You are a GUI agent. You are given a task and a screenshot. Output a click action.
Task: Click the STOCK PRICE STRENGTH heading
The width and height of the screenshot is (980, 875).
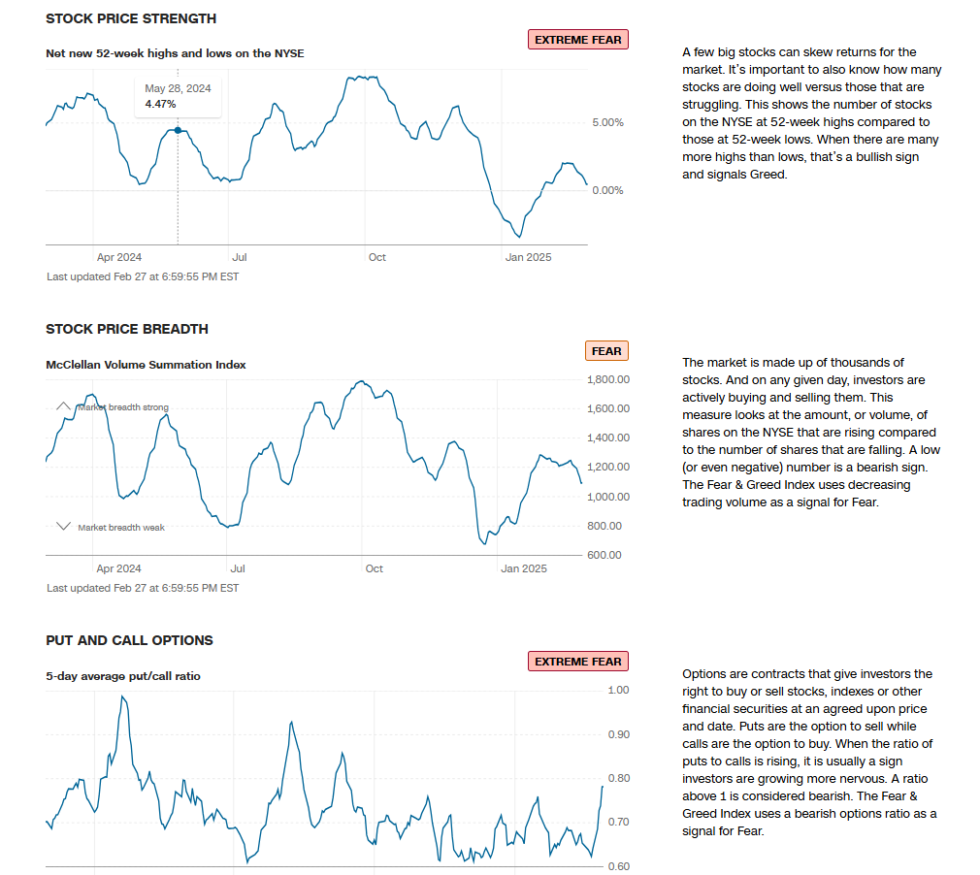131,18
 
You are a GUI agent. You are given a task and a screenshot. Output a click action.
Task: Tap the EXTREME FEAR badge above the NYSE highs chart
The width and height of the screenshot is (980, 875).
578,40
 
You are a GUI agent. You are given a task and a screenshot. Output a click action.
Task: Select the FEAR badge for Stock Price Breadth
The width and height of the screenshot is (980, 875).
606,351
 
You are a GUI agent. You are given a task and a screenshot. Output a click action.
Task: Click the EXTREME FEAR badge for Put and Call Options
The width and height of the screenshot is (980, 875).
578,662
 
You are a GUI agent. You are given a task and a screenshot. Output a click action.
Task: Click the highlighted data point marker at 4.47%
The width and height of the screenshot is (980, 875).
178,130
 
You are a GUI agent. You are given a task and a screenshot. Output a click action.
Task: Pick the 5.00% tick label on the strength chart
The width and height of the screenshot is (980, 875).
607,122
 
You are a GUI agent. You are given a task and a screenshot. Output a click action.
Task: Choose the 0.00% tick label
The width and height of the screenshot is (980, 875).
607,190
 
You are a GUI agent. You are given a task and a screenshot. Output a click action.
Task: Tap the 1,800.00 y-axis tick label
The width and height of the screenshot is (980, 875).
608,379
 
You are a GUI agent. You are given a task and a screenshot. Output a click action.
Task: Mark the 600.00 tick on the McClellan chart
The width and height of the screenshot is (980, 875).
603,555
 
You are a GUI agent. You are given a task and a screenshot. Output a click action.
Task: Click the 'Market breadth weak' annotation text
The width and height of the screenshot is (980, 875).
121,528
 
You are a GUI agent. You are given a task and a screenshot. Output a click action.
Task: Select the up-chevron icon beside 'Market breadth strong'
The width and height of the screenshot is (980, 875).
63,405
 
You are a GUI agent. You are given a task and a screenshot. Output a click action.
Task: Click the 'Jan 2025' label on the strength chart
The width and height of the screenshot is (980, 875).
529,257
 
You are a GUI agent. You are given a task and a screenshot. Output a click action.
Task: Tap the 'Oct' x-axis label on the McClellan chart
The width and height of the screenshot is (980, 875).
375,568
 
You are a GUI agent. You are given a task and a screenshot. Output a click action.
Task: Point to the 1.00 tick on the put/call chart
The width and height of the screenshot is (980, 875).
618,690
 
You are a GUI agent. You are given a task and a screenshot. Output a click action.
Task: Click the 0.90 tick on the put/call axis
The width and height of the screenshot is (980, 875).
618,734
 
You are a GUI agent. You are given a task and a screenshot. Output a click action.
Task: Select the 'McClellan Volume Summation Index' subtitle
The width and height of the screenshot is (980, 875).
146,365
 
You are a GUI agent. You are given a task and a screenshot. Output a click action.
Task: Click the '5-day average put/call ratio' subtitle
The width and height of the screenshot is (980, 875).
123,675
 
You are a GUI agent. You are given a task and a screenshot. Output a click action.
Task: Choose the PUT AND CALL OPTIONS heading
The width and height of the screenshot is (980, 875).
129,640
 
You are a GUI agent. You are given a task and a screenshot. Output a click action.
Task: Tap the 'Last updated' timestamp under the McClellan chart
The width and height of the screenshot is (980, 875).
143,588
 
